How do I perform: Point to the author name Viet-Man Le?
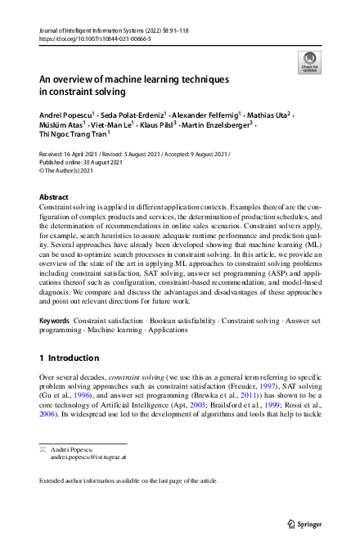pos(105,125)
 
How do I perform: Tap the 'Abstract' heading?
pos(55,198)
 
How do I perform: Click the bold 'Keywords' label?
pos(55,322)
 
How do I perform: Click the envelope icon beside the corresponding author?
pos(43,449)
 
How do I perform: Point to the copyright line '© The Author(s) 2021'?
pos(70,169)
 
